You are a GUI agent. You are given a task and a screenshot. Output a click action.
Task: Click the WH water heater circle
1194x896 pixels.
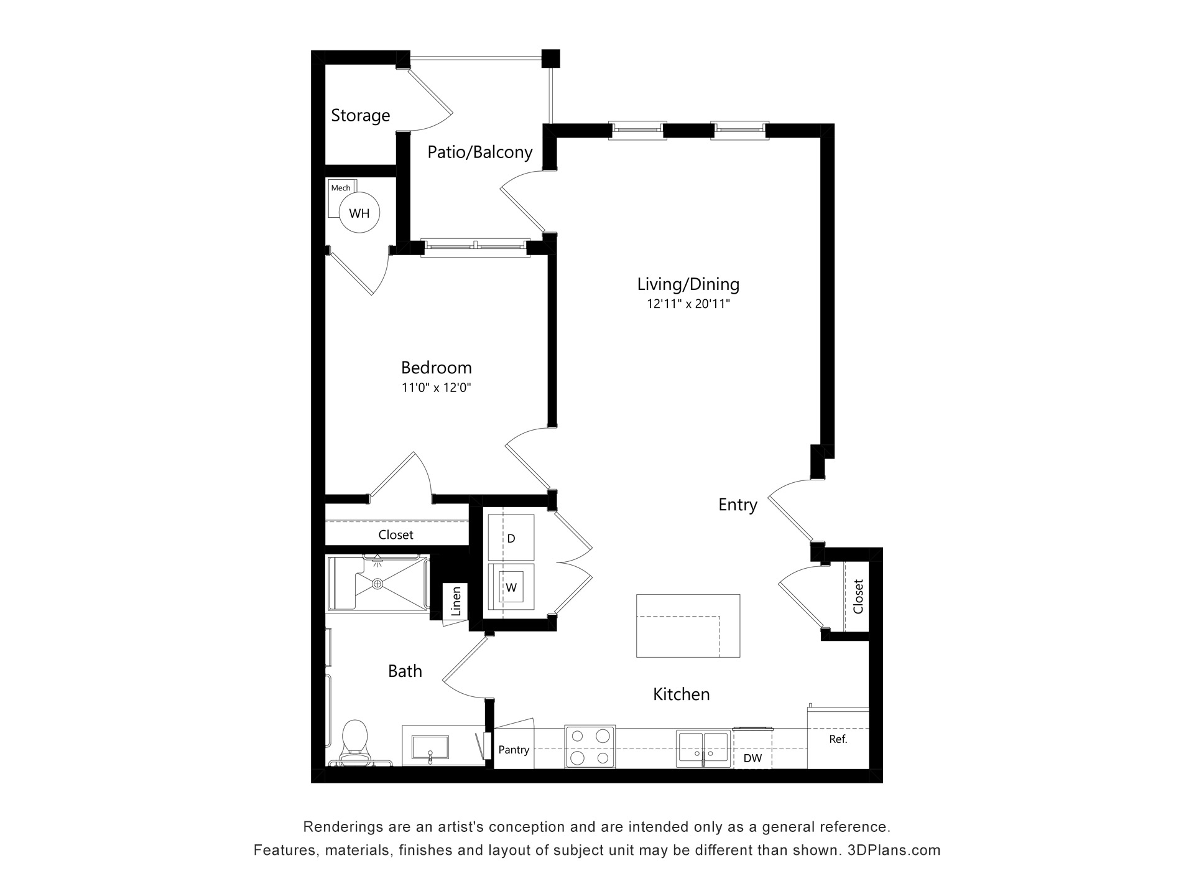pos(359,213)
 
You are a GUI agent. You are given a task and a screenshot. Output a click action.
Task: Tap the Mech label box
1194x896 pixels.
pos(341,188)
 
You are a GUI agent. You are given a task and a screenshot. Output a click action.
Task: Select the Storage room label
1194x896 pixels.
pos(360,116)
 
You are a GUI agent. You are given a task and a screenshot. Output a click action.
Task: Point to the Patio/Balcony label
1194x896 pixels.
pos(479,152)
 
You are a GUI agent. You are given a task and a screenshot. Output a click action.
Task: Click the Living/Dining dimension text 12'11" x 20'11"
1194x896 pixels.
pos(688,304)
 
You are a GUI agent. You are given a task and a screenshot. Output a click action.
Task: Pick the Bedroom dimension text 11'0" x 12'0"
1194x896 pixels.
pos(436,388)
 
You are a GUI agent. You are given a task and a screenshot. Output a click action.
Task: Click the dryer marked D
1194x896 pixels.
pos(511,538)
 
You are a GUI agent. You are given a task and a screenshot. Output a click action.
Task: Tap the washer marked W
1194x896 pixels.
pos(511,587)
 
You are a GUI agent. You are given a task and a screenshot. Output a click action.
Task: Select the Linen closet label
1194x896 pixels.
pos(456,601)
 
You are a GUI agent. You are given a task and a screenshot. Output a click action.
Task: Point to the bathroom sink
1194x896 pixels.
pos(430,745)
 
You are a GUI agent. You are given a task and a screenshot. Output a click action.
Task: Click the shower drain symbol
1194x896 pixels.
pos(377,584)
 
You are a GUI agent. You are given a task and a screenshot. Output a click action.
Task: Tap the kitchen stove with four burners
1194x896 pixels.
pos(590,746)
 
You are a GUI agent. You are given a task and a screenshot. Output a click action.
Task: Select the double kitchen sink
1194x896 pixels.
pos(703,747)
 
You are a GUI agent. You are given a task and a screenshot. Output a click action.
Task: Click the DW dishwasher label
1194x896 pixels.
pos(752,758)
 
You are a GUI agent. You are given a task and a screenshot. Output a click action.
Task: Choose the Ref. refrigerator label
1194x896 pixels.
pos(838,739)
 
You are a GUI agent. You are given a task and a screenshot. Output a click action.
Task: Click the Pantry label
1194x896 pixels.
pos(514,750)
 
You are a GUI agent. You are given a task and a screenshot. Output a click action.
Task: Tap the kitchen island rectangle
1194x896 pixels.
pos(688,625)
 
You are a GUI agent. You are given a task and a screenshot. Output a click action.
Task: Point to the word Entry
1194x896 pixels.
pos(738,505)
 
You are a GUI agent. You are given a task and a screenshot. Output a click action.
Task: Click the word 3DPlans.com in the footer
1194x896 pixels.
pos(894,850)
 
